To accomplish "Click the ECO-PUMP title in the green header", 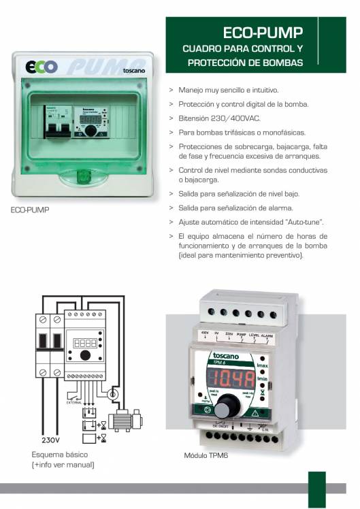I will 262,33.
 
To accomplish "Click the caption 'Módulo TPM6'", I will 206,455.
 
